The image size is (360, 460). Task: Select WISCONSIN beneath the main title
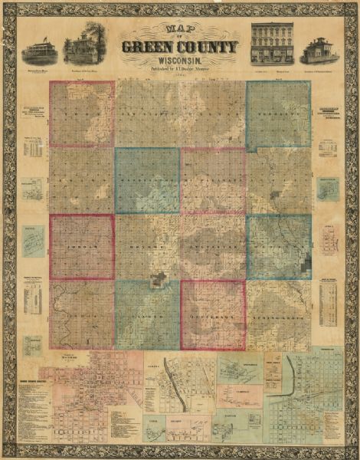pos(179,61)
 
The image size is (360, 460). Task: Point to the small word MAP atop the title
pos(179,30)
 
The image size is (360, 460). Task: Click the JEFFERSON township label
pos(213,315)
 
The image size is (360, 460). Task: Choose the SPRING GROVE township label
pos(279,315)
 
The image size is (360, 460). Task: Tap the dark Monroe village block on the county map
pos(159,281)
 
